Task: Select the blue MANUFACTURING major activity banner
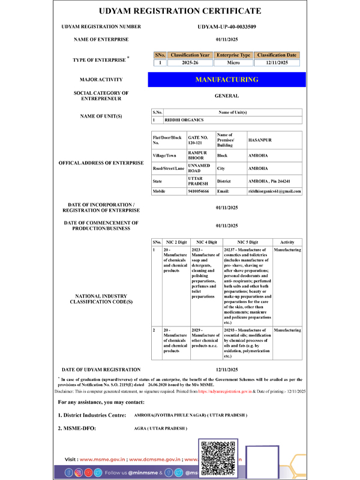tap(227, 79)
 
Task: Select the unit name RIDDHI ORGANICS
tap(180, 120)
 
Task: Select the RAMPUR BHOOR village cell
tap(199, 155)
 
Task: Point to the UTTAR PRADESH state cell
tap(198, 180)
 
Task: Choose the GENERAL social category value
tap(227, 95)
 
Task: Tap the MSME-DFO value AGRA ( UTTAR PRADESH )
tap(161, 428)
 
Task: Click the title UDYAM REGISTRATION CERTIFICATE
tap(180, 11)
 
